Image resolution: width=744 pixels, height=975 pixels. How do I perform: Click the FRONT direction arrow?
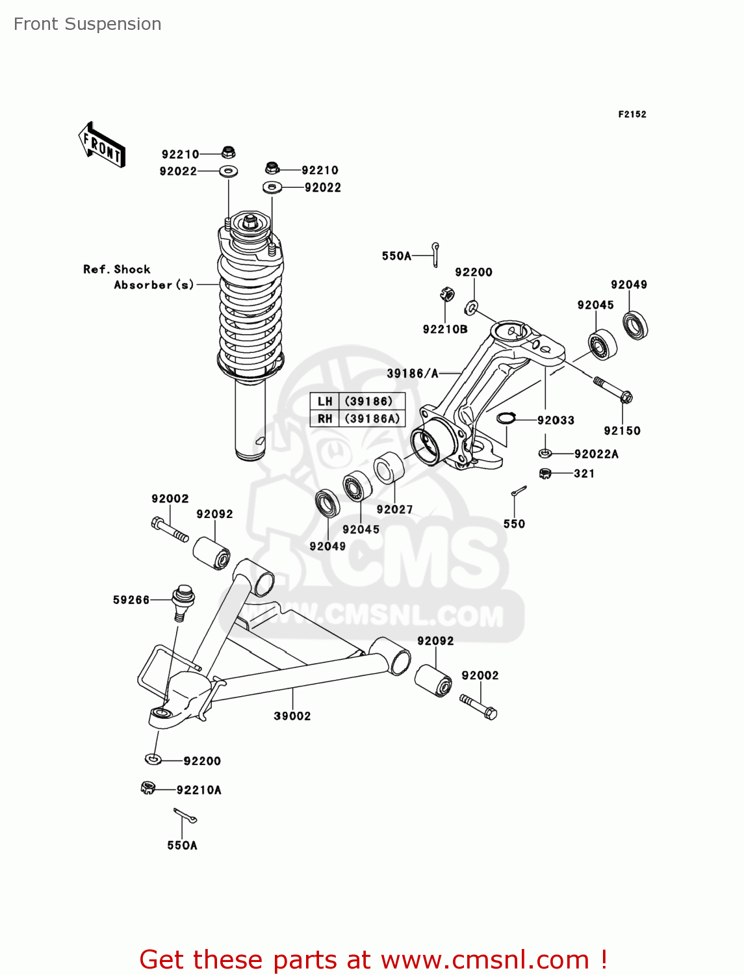tap(101, 145)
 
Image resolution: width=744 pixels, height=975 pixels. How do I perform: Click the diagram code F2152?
tap(632, 114)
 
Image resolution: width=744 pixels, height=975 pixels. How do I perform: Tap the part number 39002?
tap(292, 716)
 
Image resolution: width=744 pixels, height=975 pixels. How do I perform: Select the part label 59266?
tap(131, 600)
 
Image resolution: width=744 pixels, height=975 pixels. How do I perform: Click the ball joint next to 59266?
tap(183, 602)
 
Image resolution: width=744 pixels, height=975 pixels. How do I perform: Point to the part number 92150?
tap(622, 430)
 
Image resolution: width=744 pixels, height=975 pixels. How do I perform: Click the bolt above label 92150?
tap(613, 388)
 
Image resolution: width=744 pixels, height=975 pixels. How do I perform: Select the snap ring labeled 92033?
tap(506, 418)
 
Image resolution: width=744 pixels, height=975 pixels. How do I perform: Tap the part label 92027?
tap(394, 510)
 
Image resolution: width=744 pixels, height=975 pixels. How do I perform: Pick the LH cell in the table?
tap(325, 402)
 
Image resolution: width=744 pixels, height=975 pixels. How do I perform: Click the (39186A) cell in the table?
tap(372, 419)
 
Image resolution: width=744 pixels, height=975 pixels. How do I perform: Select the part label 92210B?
tap(445, 329)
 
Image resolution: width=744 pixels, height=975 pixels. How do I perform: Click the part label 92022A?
tap(596, 454)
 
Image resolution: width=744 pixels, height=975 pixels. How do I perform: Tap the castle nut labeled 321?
tap(545, 473)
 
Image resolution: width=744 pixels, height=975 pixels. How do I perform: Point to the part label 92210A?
tap(199, 790)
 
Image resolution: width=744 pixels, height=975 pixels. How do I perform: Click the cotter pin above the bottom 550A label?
tap(185, 815)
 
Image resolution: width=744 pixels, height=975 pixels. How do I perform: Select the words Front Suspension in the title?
tap(88, 24)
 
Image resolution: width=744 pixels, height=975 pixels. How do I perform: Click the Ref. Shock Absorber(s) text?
tap(138, 277)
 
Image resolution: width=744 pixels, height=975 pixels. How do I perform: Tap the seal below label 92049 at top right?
tap(635, 325)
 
